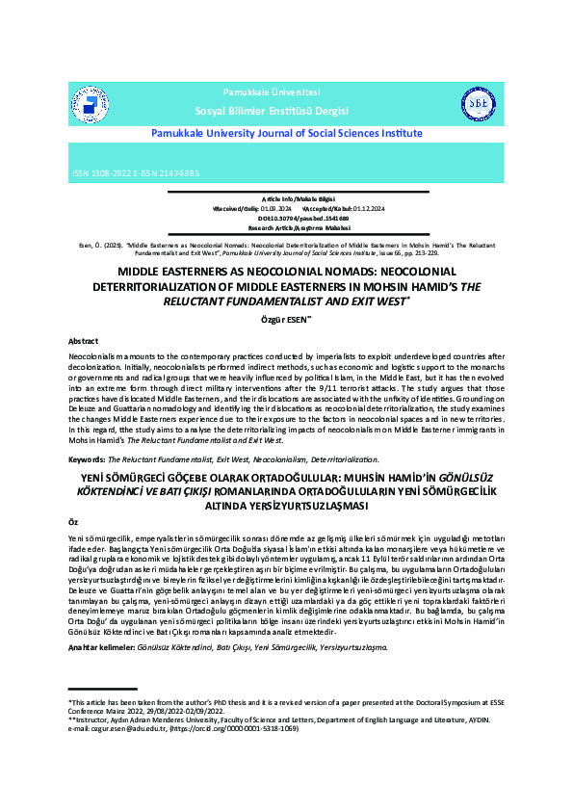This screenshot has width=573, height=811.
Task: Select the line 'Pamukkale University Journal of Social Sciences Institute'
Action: pyautogui.click(x=286, y=134)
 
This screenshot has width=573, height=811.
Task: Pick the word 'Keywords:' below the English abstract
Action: pyautogui.click(x=88, y=460)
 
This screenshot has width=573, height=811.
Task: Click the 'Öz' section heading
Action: pyautogui.click(x=73, y=519)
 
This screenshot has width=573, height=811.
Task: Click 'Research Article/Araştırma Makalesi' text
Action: pyautogui.click(x=284, y=227)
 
